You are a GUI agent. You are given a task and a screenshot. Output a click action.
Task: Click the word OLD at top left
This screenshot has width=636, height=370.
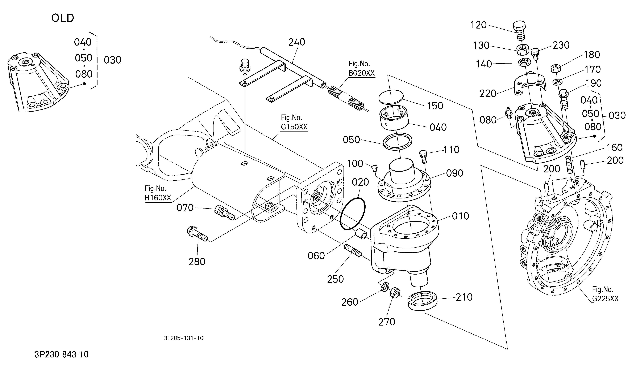pyautogui.click(x=63, y=18)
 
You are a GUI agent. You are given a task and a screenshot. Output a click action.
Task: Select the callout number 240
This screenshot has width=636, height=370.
pyautogui.click(x=297, y=42)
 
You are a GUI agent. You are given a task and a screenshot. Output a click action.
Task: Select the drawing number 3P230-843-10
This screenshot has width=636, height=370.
pyautogui.click(x=62, y=354)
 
